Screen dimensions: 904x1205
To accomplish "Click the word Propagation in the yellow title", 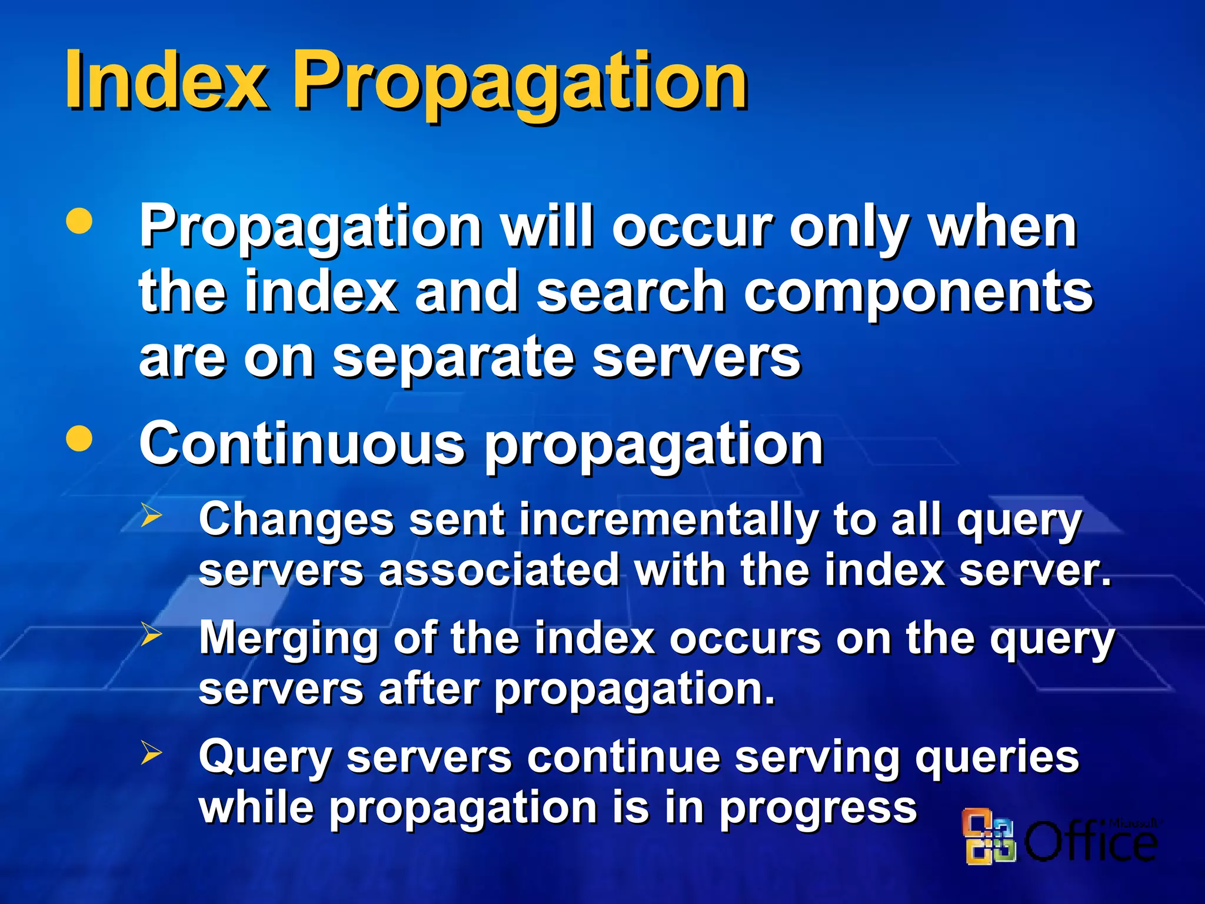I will click(520, 82).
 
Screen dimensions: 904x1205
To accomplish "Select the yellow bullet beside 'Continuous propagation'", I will click(79, 438).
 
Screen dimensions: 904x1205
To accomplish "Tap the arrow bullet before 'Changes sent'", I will click(152, 516).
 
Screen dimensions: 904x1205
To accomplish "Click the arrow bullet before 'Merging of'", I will click(152, 634).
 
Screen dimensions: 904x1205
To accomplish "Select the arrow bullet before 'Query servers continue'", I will click(152, 753).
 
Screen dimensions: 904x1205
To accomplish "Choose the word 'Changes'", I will click(296, 520).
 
